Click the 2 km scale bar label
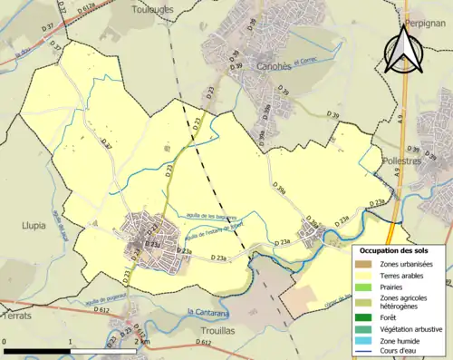[141, 342]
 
